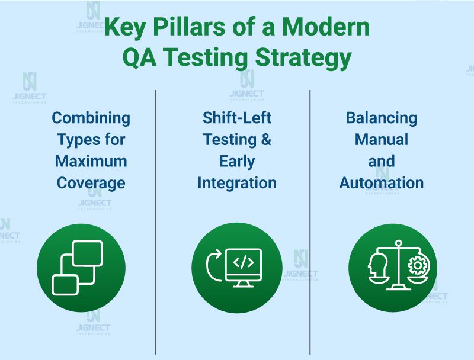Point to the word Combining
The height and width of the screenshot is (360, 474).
(91, 118)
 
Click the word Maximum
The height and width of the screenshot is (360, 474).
(91, 161)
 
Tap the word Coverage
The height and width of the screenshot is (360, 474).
(91, 183)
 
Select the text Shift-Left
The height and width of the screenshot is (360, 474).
(237, 118)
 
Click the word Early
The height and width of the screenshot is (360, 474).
(237, 161)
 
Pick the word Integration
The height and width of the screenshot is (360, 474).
(237, 183)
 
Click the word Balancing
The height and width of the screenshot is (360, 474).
(381, 118)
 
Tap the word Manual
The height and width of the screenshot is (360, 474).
(381, 140)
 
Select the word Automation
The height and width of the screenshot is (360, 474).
(381, 183)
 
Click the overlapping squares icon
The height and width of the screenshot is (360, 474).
(78, 268)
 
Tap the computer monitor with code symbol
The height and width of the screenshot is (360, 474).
(244, 267)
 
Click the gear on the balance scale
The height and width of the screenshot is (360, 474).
(419, 266)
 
